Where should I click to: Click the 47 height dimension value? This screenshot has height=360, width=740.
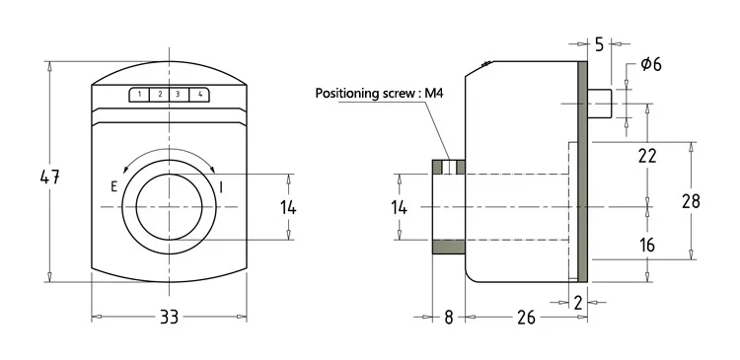point(49,178)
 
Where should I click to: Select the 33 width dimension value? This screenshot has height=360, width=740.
point(169,317)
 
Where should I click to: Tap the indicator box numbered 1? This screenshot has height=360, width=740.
point(140,95)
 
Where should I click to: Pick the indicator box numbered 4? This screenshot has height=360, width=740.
point(199,95)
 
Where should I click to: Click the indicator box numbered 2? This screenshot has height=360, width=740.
point(160,95)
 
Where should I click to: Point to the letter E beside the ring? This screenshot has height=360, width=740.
point(113,186)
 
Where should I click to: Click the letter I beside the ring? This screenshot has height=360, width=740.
point(221,187)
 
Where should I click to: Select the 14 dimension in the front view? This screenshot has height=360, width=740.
point(288,207)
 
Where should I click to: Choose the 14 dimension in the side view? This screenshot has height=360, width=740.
point(399,207)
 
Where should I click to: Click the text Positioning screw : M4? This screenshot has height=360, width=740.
point(380,93)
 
